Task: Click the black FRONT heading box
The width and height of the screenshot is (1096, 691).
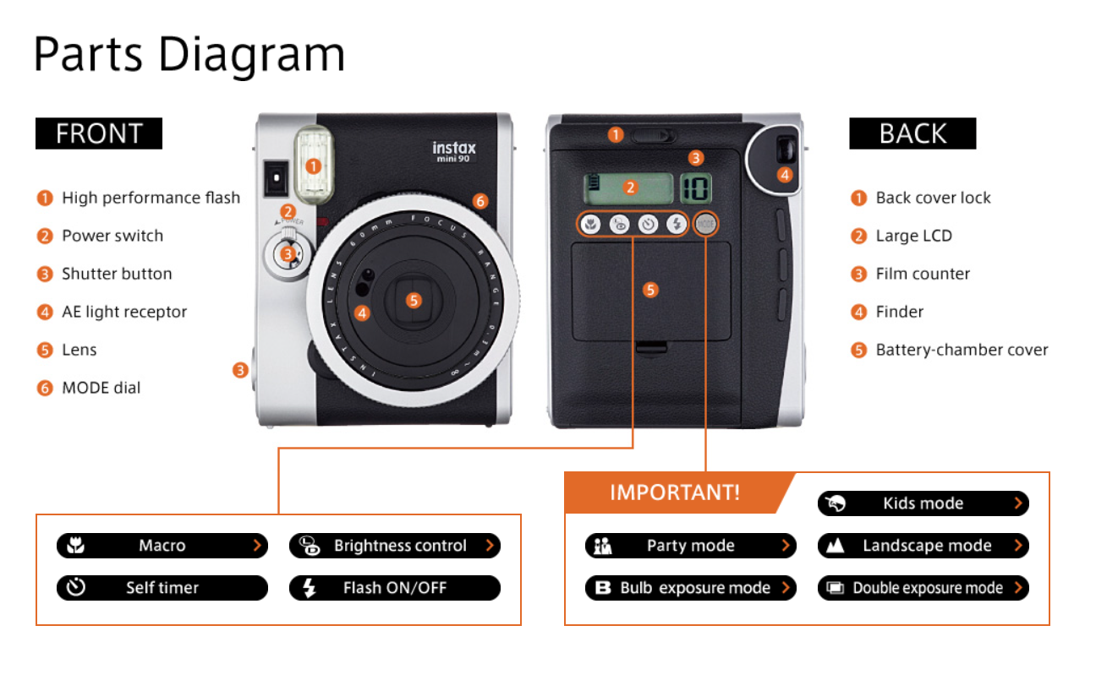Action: pos(98,133)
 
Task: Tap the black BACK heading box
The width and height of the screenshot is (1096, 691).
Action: pos(912,133)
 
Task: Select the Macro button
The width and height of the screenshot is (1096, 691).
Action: pos(162,546)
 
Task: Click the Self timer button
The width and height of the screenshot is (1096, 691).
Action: pos(162,588)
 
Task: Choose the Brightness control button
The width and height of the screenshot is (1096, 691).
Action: pos(394,546)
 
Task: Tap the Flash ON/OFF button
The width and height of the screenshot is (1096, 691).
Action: pos(394,588)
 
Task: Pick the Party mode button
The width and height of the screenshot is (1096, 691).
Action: pos(690,546)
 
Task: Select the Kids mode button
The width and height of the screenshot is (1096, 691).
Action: pos(923,503)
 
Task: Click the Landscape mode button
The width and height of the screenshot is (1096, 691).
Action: pos(923,546)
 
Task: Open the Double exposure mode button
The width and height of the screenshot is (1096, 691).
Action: pos(923,588)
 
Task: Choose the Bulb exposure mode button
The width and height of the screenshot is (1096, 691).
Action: pos(690,588)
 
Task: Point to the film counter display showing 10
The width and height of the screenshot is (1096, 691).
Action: pos(696,188)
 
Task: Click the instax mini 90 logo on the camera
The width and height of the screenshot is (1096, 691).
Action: pos(454,151)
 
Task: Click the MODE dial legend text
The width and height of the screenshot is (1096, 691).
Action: pos(101,388)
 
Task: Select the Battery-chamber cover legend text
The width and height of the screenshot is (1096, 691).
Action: pos(962,350)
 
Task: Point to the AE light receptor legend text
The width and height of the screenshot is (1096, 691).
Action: pos(123,312)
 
